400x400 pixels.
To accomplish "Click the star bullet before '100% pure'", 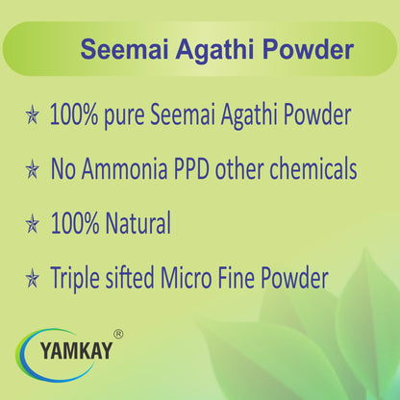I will point(33,118).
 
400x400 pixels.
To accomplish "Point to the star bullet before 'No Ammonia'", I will point(33,172).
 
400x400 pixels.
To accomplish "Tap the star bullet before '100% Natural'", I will point(33,226).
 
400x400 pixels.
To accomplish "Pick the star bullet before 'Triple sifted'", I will point(33,280).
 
